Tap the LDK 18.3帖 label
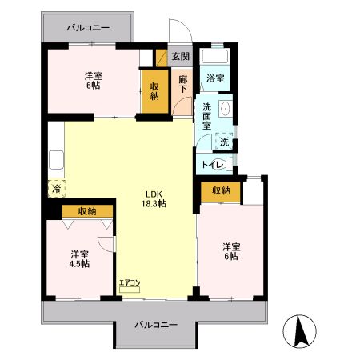point(155,198)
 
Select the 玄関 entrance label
point(180,56)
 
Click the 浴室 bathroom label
point(214,78)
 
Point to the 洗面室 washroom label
point(207,117)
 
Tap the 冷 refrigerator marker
point(56,189)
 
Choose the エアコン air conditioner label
point(129,283)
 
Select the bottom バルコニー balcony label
point(155,326)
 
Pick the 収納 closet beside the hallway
point(154,90)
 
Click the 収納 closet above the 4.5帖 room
point(86,211)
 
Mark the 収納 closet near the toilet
point(221,190)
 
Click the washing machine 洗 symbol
point(224,142)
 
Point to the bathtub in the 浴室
point(214,57)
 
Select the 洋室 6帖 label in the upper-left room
point(93,79)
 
